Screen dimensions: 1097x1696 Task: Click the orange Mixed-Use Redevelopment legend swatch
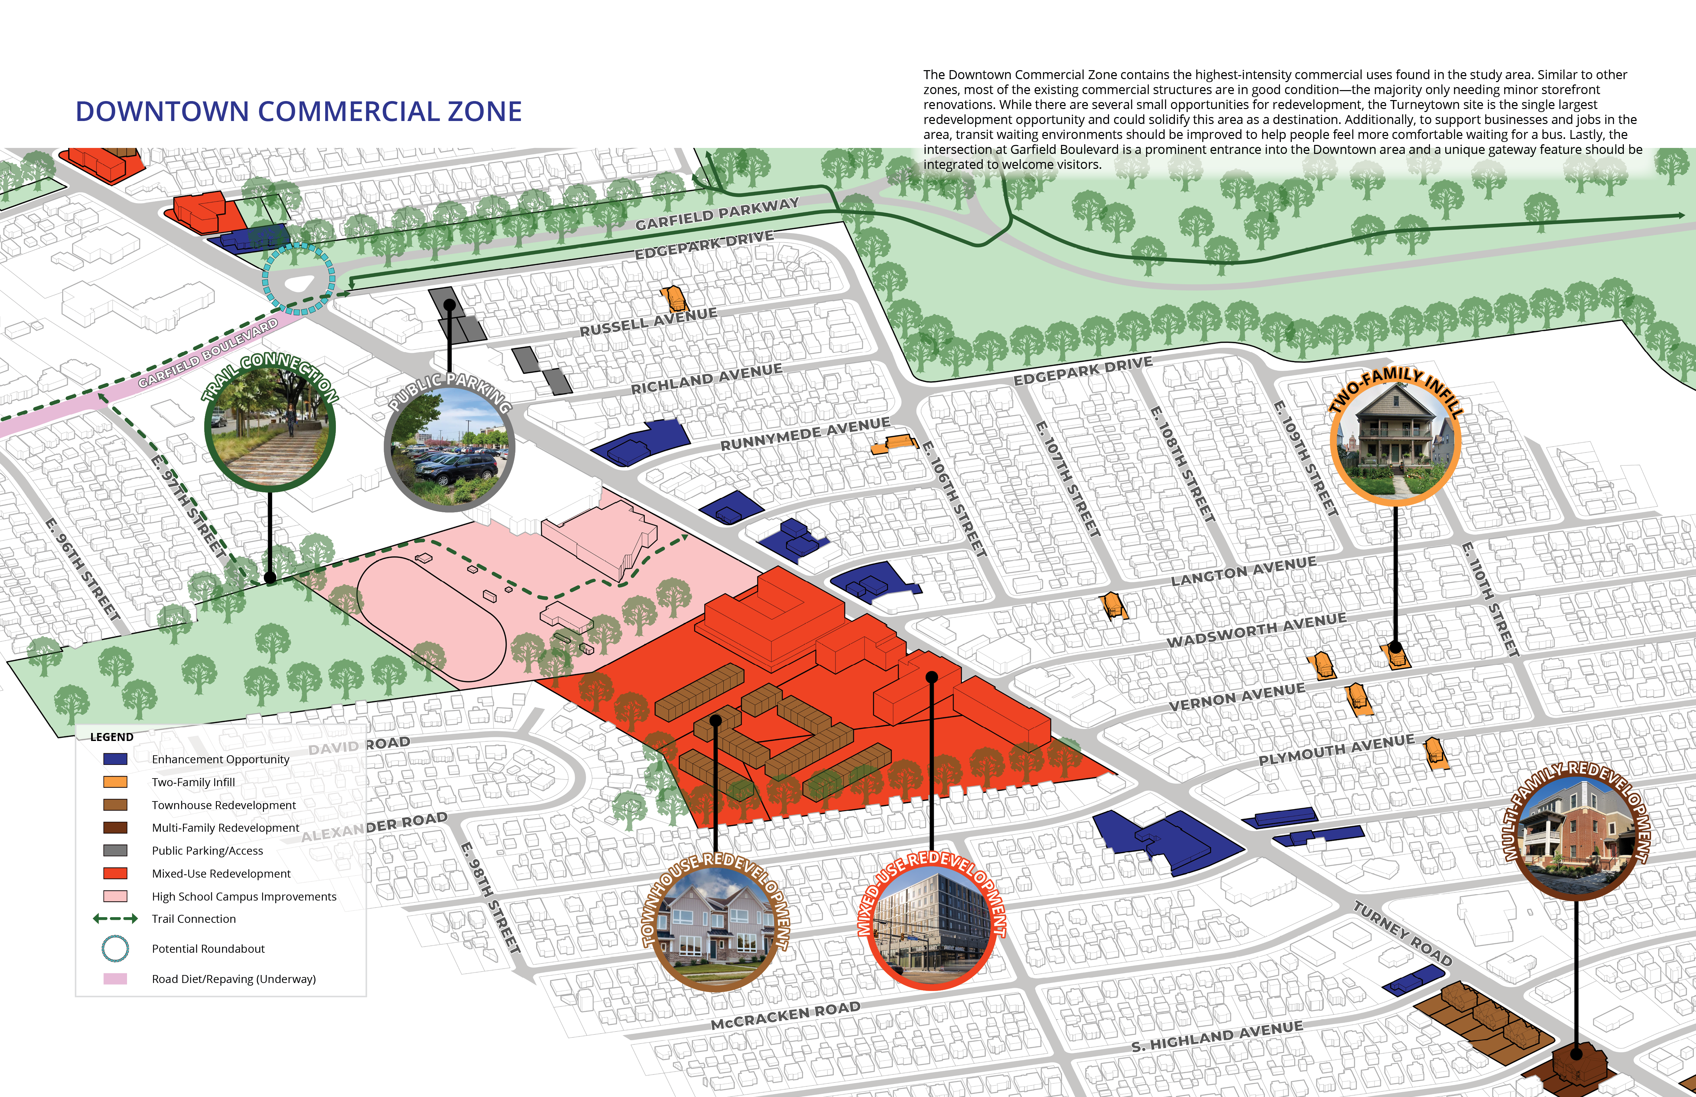point(115,873)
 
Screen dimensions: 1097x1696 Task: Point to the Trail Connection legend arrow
point(115,919)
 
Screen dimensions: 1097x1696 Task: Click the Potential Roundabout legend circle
point(115,949)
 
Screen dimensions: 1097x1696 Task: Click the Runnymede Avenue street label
point(805,434)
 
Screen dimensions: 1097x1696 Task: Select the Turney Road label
point(1402,933)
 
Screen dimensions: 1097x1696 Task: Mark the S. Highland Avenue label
point(1217,1036)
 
